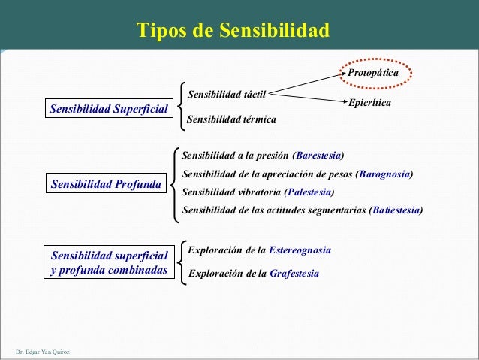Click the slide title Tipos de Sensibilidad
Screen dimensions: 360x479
233,31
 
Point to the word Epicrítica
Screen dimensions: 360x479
370,102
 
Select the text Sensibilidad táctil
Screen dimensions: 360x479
227,95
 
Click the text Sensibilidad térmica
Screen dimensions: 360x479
231,119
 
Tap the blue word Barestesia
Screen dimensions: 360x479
319,156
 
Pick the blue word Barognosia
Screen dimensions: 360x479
385,174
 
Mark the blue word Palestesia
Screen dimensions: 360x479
309,191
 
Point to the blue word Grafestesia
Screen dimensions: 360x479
294,273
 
